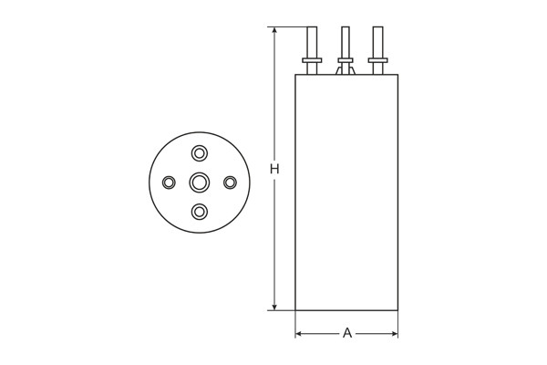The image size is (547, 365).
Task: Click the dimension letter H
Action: (x=273, y=169)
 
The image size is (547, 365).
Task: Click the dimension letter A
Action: (x=347, y=334)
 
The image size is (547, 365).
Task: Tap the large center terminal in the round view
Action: (x=199, y=182)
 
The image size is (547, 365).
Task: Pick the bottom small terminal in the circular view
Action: (x=199, y=213)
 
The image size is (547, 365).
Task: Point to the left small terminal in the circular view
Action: (x=169, y=182)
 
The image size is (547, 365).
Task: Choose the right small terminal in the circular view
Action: (x=230, y=182)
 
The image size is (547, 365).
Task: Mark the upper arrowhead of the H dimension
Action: (x=273, y=31)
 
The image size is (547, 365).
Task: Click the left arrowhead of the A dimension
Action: (x=299, y=334)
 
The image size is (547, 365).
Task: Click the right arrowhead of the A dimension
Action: (x=394, y=334)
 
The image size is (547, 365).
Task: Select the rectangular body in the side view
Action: (x=346, y=192)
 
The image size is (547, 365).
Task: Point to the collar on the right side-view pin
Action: (x=377, y=62)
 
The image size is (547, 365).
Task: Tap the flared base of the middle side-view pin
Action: (x=346, y=68)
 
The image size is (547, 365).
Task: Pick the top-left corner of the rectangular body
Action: (x=295, y=75)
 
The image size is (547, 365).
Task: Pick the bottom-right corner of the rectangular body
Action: (x=397, y=310)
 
